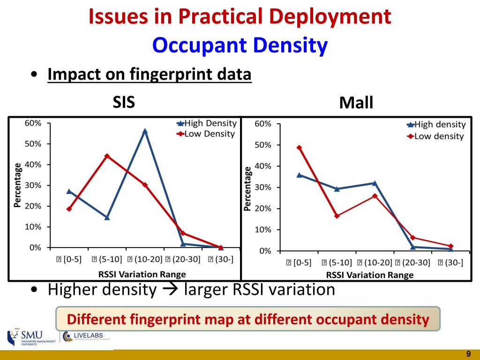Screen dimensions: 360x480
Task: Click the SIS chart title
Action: click(x=124, y=102)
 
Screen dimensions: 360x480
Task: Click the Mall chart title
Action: click(x=356, y=103)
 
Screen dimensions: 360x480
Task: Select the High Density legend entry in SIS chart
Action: click(x=206, y=123)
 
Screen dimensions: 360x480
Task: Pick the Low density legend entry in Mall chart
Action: click(x=435, y=136)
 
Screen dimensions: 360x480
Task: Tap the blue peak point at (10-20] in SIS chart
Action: click(x=145, y=131)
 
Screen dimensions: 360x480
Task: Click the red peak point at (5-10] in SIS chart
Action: click(x=107, y=156)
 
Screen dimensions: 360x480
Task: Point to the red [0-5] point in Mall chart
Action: click(x=299, y=148)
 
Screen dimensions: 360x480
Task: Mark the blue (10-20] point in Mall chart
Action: click(x=375, y=183)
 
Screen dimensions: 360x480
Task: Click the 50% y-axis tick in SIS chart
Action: click(x=33, y=144)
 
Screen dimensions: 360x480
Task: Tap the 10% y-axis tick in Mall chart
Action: click(x=262, y=230)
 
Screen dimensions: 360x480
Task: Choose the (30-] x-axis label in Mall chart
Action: click(x=450, y=262)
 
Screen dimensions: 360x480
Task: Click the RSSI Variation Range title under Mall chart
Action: click(x=370, y=275)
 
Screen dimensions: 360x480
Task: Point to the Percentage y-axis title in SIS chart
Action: click(x=17, y=185)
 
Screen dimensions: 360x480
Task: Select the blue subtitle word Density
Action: click(x=290, y=45)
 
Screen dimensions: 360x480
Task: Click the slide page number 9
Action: click(x=468, y=353)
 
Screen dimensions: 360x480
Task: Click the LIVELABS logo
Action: click(x=87, y=336)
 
